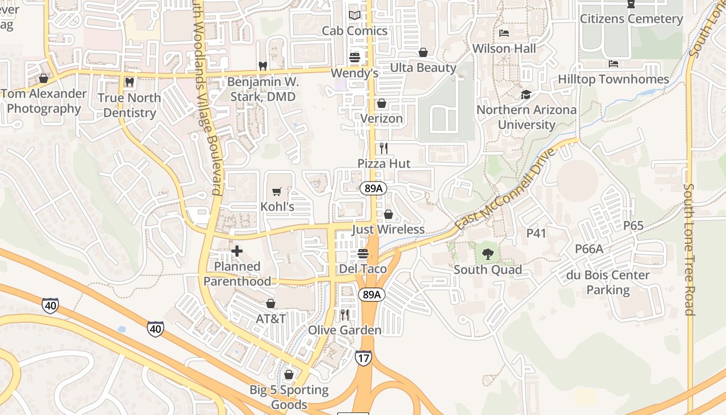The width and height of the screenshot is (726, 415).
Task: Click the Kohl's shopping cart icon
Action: (277, 192)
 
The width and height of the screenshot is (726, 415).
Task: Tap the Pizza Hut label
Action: (384, 163)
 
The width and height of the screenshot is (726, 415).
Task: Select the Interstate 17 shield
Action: (363, 357)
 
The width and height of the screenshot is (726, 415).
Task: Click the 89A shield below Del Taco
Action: (371, 295)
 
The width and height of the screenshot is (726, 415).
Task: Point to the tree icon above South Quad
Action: (487, 254)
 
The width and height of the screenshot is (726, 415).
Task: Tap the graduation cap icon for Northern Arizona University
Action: (526, 95)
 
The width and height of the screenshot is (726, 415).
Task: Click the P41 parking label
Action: (536, 233)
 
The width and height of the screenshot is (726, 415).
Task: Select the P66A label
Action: (589, 249)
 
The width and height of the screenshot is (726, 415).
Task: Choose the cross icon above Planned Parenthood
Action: (237, 252)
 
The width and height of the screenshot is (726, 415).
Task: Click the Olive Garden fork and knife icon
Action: (344, 315)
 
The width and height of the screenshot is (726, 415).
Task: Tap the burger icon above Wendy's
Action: (355, 58)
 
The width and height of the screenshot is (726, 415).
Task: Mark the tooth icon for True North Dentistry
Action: (129, 82)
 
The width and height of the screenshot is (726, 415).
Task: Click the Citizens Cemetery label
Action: (631, 19)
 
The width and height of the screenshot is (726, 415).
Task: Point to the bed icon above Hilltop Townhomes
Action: (613, 64)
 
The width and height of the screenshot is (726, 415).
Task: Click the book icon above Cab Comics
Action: (354, 16)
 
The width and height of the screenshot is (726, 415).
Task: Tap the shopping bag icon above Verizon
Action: (382, 104)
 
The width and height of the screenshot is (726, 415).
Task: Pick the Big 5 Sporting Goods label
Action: (289, 397)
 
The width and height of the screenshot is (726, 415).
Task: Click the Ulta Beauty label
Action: (423, 68)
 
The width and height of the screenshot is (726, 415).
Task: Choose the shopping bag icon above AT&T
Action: (270, 303)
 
